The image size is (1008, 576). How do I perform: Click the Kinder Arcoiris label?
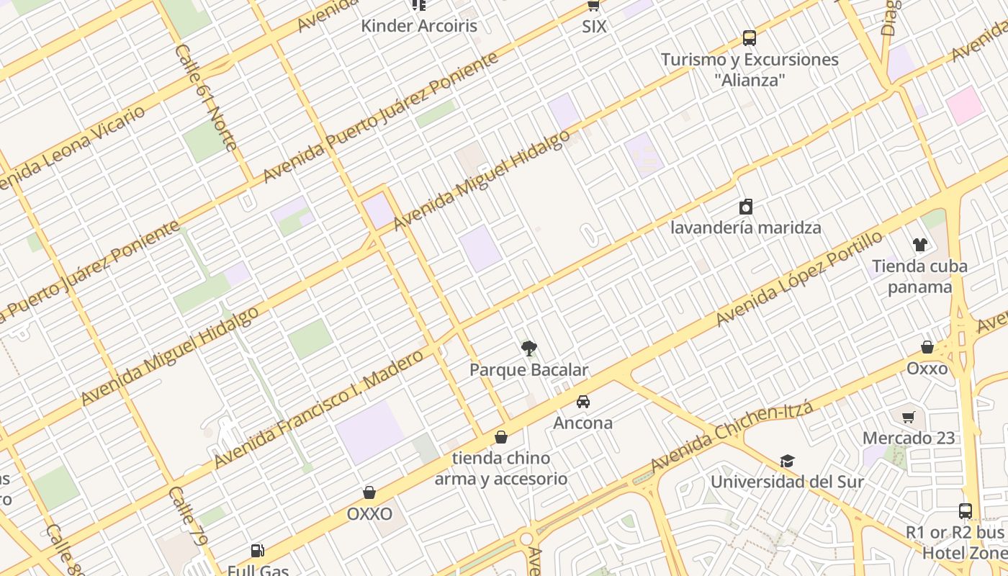click(418, 27)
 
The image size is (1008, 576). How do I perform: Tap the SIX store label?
click(594, 27)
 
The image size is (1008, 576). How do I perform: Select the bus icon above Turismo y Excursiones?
click(750, 37)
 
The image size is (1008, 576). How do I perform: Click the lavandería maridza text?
click(746, 228)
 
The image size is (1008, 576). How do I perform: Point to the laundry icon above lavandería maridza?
click(746, 207)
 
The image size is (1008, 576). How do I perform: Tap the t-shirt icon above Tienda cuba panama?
click(919, 245)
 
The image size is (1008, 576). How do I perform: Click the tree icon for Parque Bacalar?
click(529, 349)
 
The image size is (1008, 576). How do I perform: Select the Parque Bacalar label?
click(529, 370)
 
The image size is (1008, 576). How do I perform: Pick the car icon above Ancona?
click(582, 402)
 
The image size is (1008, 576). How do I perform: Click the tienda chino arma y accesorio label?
click(501, 468)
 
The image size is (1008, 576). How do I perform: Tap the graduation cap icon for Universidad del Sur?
click(787, 461)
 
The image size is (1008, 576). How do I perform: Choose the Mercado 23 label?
click(909, 438)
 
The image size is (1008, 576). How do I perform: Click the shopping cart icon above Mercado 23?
click(909, 417)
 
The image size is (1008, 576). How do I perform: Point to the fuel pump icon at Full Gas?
click(257, 552)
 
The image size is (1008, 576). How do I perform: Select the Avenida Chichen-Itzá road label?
click(732, 437)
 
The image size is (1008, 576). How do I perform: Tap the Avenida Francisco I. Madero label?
click(318, 409)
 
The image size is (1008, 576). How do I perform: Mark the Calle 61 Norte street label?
click(206, 97)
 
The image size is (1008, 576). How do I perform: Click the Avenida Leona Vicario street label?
click(72, 148)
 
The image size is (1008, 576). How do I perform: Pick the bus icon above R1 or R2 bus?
click(966, 511)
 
